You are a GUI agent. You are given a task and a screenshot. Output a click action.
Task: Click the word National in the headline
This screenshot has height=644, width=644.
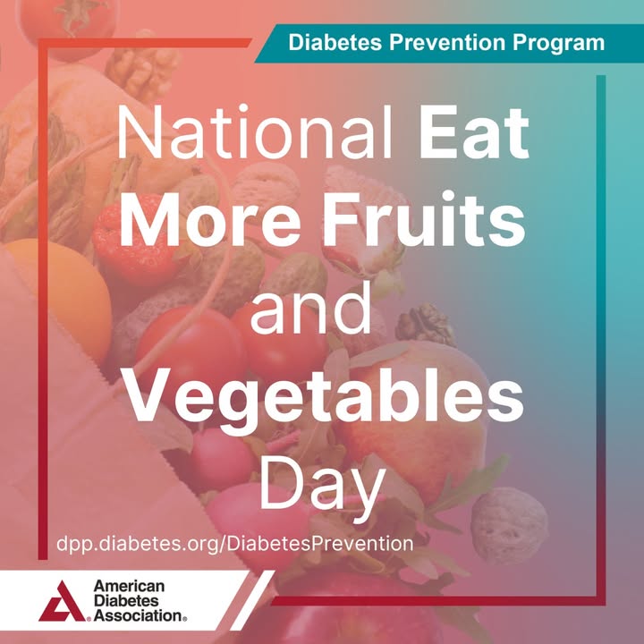(x=255, y=132)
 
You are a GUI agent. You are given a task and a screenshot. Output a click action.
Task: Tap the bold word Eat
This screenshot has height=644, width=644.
(x=474, y=132)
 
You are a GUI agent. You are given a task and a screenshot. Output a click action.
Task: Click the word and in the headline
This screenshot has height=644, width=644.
(x=311, y=307)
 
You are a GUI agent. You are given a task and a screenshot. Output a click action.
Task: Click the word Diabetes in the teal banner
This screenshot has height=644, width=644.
(x=335, y=42)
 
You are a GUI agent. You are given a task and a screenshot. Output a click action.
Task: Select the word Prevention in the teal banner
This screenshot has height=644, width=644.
(x=447, y=42)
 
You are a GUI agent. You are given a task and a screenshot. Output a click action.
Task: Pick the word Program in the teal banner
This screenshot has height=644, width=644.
(x=558, y=43)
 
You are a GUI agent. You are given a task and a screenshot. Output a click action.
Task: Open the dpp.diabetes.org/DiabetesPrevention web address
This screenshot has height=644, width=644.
(x=235, y=544)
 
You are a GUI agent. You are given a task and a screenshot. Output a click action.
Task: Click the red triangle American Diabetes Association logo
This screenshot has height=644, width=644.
(x=63, y=601)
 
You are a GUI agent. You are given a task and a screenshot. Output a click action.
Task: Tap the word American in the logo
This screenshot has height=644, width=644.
(x=129, y=586)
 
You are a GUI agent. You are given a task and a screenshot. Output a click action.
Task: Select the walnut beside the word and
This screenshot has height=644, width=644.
(x=425, y=325)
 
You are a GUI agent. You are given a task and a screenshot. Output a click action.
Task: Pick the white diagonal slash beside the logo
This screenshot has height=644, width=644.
(x=252, y=600)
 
